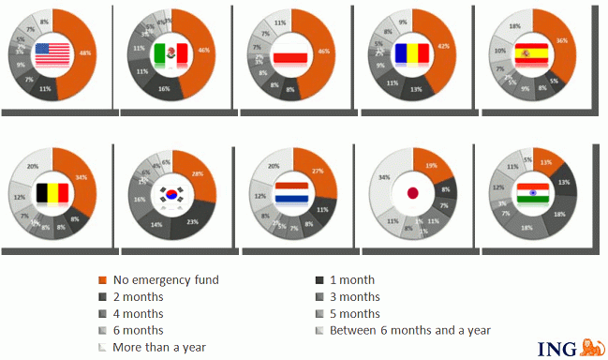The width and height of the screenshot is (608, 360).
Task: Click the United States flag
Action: point(53,55)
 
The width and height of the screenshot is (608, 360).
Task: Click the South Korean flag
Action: point(171,195)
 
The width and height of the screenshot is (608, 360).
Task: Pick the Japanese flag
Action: point(412,195)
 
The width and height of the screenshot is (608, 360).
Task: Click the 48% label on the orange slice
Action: point(84,52)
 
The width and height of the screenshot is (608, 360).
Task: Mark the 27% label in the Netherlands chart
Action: point(318,171)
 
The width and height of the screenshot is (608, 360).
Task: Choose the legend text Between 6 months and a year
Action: point(409,330)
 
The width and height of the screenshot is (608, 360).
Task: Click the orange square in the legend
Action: point(102,279)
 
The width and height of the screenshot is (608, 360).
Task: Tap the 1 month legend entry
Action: point(351,279)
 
